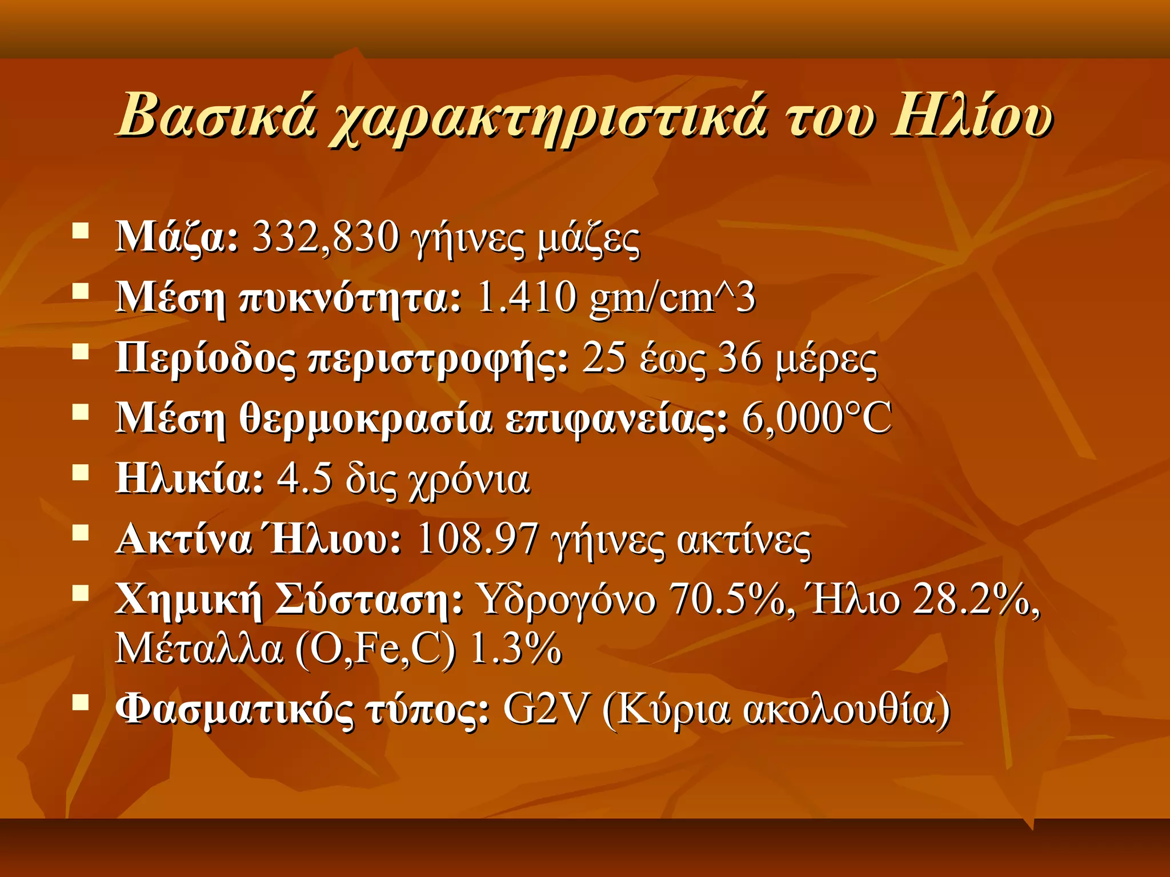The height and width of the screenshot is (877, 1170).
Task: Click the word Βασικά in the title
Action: point(216,116)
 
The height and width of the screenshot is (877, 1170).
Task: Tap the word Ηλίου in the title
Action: point(971,116)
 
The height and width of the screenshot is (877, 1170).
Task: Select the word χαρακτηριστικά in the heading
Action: point(548,120)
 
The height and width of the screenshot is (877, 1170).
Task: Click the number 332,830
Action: point(326,237)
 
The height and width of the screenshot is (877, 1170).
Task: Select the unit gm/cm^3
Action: point(672,299)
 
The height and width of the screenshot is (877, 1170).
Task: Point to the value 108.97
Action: point(478,539)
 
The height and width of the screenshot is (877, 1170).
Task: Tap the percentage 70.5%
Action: point(727,600)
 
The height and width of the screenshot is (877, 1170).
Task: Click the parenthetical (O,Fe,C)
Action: point(376,649)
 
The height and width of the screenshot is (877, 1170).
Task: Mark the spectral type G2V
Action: point(545,710)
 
